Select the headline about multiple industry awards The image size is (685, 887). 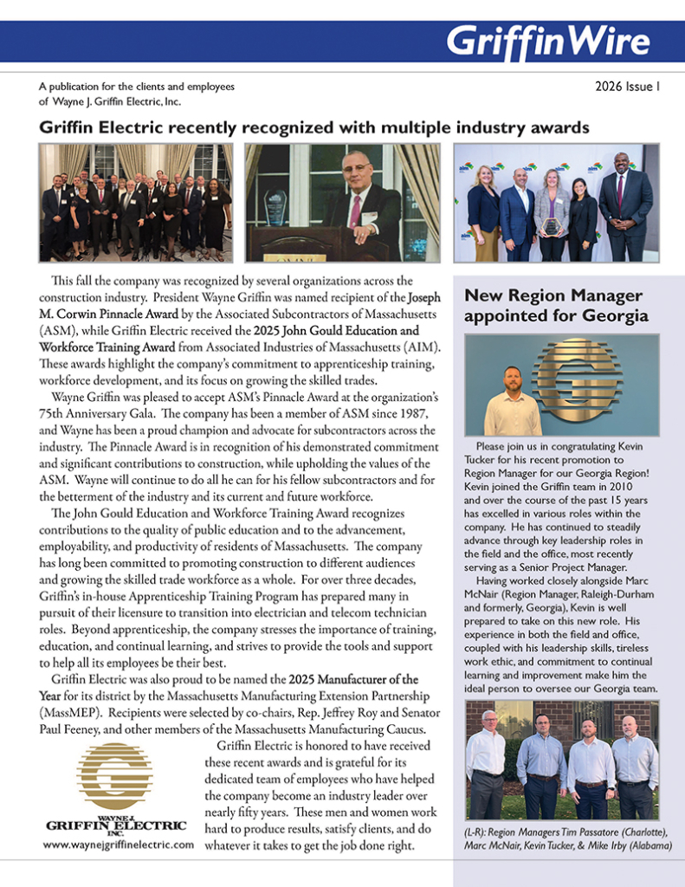click(x=314, y=127)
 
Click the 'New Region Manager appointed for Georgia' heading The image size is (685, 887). click(x=553, y=306)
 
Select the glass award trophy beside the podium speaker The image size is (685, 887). click(x=276, y=207)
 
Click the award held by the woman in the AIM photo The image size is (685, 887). click(x=551, y=226)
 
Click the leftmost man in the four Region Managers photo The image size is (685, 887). click(x=485, y=763)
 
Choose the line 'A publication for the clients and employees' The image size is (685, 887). click(x=137, y=87)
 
